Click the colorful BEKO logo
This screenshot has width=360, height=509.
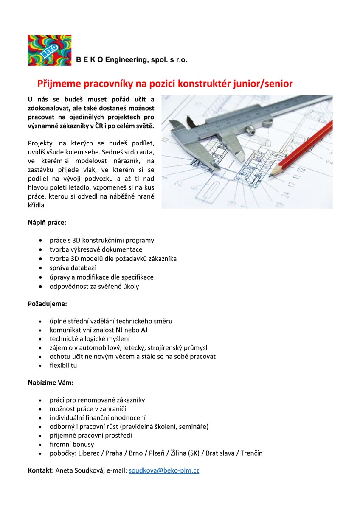49,50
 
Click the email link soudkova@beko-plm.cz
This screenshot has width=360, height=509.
164,470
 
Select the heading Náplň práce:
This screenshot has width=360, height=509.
47,222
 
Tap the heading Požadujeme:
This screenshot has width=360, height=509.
48,304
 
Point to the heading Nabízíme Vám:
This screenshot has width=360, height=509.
51,383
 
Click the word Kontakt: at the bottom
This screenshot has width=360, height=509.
41,470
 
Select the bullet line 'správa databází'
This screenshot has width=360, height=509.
73,268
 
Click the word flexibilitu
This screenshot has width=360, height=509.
63,365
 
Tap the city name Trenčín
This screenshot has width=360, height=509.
251,453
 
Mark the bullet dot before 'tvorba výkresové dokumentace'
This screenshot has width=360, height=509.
40,249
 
